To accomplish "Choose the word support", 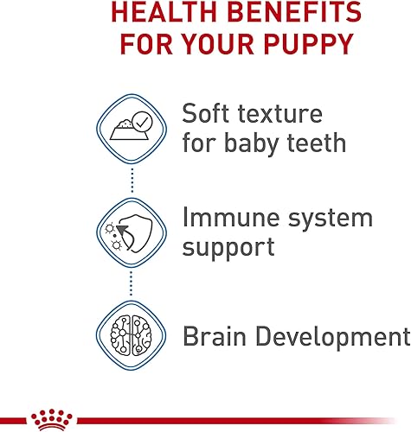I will tap(228, 249).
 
